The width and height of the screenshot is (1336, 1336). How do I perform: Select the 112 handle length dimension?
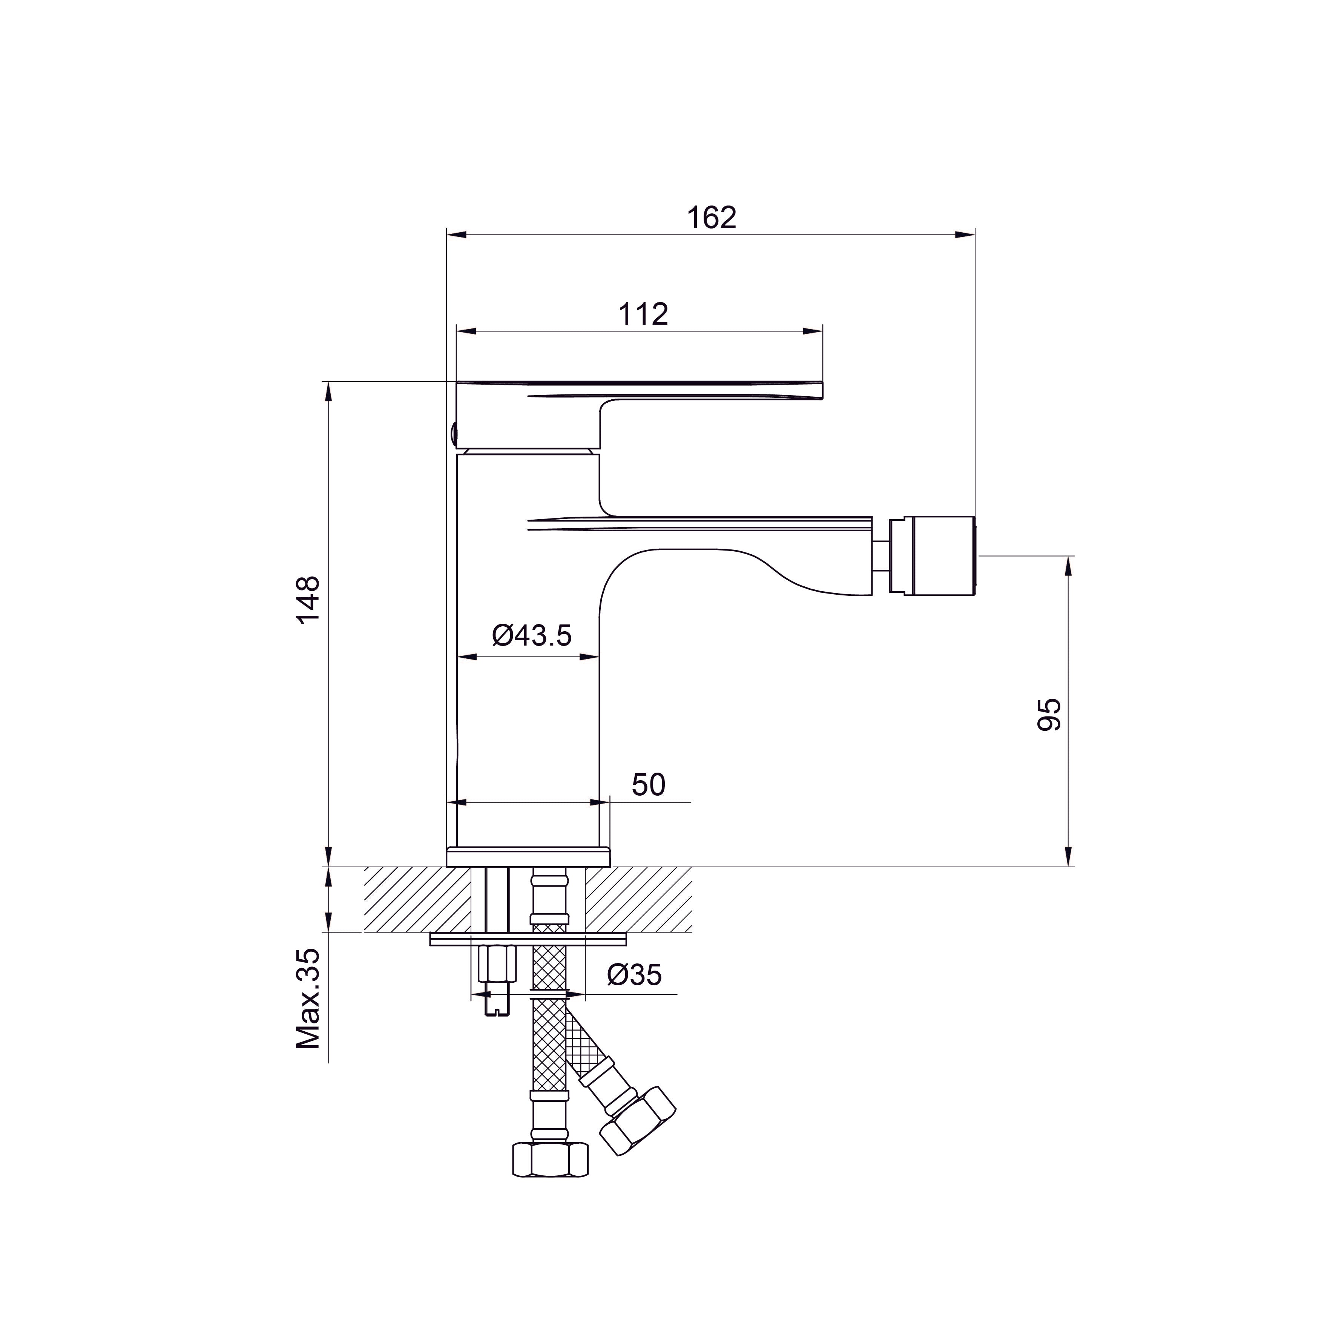[x=643, y=314]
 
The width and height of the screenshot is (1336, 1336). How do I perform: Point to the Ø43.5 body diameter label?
[x=532, y=634]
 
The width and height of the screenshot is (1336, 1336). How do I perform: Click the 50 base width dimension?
[x=648, y=784]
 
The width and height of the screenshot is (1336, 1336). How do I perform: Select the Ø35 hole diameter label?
[x=634, y=975]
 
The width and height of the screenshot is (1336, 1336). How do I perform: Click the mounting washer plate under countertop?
[x=528, y=939]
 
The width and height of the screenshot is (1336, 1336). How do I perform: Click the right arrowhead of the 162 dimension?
[x=967, y=235]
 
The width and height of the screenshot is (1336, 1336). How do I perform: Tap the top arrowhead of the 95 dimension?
[x=1069, y=566]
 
